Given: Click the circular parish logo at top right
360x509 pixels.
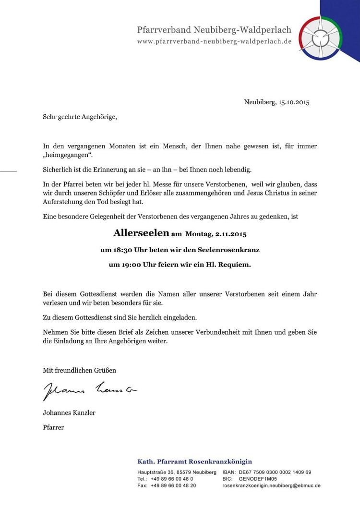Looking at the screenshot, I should [321, 36].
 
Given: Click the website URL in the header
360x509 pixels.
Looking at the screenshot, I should [214, 42].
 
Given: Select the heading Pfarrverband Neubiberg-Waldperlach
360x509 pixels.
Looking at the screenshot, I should [214, 30].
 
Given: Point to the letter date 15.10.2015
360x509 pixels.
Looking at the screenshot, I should [294, 102].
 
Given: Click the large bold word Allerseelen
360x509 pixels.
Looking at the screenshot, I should [141, 233].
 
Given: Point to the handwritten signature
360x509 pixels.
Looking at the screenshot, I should [89, 390].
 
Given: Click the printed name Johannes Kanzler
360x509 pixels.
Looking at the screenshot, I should [69, 412].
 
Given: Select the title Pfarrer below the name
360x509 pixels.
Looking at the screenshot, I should [53, 427].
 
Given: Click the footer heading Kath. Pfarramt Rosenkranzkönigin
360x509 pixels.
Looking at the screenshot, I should [194, 461].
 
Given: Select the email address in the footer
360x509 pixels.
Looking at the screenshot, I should [271, 485].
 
